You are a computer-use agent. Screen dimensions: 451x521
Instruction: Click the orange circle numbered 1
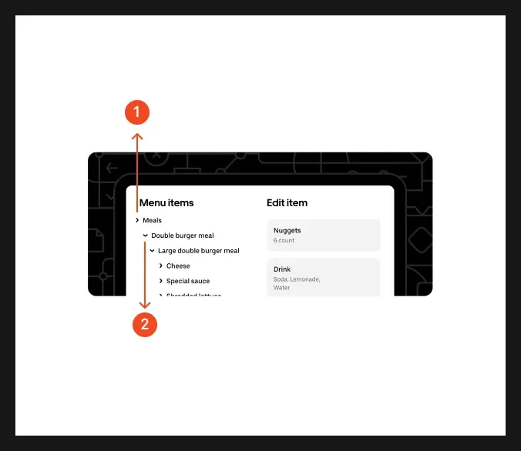coord(137,112)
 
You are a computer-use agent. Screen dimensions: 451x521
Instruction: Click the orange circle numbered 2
coord(145,324)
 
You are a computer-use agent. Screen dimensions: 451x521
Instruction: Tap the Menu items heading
coord(166,203)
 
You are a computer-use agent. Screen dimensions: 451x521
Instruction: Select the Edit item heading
coord(287,203)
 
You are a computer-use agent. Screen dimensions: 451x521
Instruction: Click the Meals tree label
coord(153,221)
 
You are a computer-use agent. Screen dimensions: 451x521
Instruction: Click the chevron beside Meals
coord(137,221)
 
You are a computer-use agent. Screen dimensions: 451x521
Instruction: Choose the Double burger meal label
coord(183,236)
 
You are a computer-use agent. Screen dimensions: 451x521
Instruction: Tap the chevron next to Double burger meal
coord(145,236)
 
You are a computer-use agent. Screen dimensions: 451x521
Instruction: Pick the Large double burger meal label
coord(199,251)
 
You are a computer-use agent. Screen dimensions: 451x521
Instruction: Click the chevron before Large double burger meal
coord(153,251)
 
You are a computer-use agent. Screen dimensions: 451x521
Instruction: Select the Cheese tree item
coord(178,266)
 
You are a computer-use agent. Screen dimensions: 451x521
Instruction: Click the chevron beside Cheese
coord(160,266)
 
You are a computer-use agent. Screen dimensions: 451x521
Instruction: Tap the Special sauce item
coord(188,282)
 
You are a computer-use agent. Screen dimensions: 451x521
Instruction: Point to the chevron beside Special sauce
coord(160,282)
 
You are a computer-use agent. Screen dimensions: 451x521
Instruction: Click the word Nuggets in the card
coord(287,230)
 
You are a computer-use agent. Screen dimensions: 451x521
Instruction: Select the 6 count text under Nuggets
coord(284,241)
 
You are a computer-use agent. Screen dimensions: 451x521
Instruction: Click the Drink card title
coord(282,269)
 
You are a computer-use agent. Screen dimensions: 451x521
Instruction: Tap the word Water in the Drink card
coord(282,288)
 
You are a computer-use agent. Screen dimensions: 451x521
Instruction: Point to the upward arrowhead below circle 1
coord(137,136)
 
